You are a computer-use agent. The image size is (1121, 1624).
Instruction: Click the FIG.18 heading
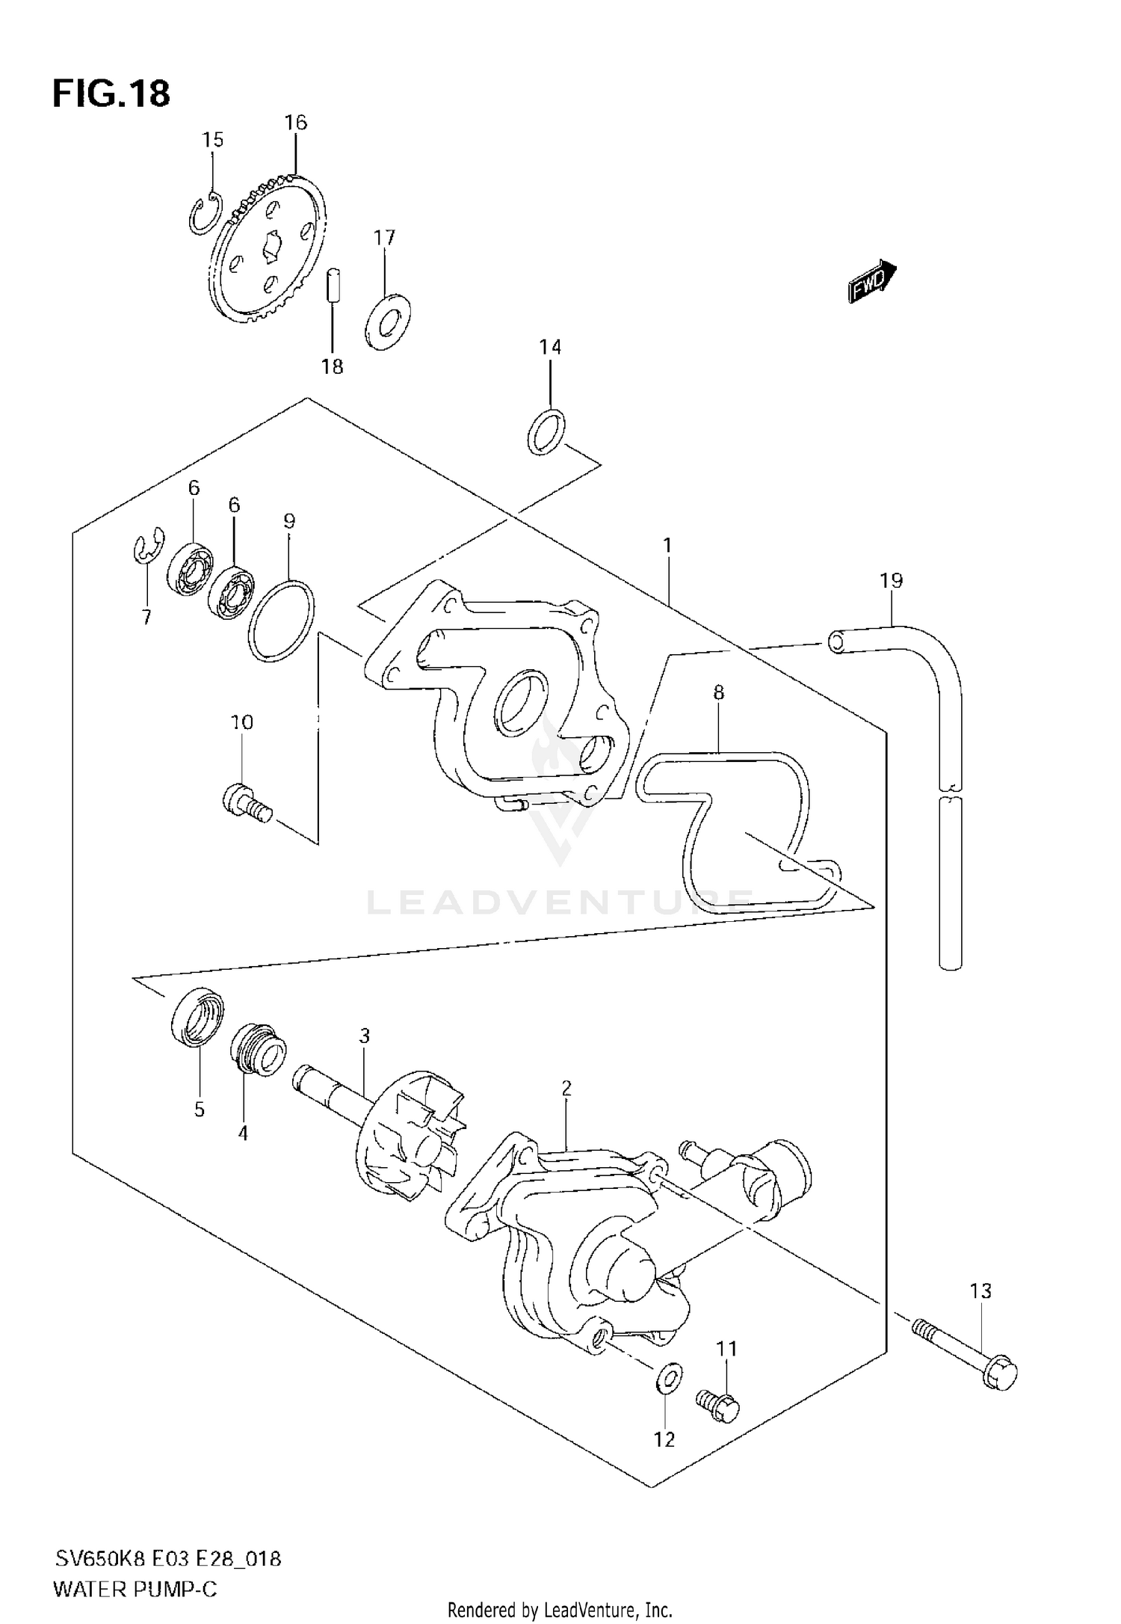pyautogui.click(x=111, y=95)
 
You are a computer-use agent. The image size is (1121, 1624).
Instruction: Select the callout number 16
pyautogui.click(x=296, y=123)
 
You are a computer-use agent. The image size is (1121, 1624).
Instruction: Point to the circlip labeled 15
pyautogui.click(x=204, y=213)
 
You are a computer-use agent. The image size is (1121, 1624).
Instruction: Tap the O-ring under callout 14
pyautogui.click(x=547, y=431)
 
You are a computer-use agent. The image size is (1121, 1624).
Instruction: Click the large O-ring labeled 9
pyautogui.click(x=280, y=621)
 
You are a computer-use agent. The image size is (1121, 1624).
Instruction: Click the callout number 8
pyautogui.click(x=718, y=692)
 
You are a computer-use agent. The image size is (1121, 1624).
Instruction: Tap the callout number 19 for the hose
pyautogui.click(x=891, y=580)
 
